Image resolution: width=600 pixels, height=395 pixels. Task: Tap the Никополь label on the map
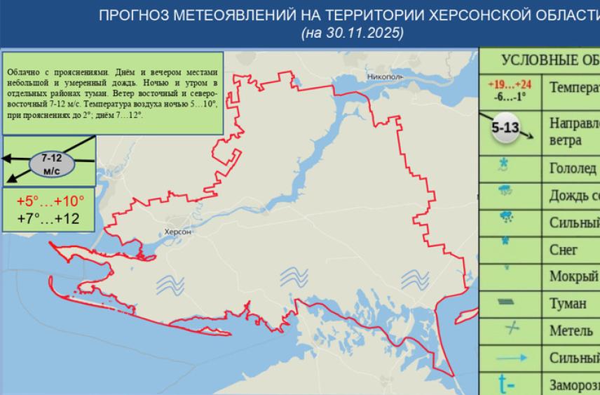click(x=385, y=76)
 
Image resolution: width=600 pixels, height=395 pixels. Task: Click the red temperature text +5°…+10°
click(x=50, y=201)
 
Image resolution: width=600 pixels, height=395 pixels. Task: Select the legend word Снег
click(x=564, y=249)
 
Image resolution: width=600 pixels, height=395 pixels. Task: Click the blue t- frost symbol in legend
click(x=505, y=383)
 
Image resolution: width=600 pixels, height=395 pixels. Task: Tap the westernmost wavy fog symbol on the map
click(x=169, y=283)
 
